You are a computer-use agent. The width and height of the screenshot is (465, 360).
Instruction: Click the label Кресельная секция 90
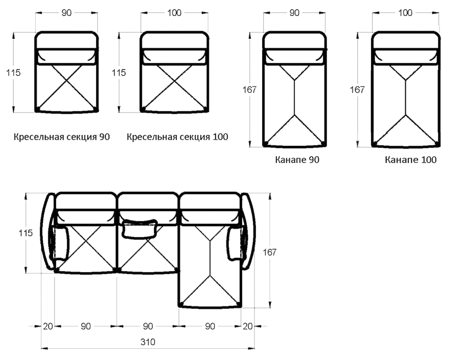click(62, 137)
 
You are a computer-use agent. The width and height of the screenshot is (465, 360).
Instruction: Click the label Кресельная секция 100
click(177, 137)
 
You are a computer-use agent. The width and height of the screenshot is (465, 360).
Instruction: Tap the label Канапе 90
click(297, 160)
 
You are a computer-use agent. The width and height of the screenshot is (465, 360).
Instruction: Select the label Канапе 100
click(411, 160)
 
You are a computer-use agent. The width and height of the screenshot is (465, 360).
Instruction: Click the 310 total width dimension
click(148, 342)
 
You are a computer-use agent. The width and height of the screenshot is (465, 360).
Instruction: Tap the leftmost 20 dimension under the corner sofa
click(48, 326)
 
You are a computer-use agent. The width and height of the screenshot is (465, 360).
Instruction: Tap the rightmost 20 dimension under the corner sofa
click(247, 326)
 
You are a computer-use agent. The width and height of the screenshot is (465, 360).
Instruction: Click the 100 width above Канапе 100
click(405, 13)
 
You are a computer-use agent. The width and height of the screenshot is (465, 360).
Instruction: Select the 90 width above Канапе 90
click(294, 13)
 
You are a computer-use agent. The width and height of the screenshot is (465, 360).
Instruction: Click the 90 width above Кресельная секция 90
click(66, 13)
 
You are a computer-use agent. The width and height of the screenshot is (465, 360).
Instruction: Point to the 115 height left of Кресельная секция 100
click(119, 73)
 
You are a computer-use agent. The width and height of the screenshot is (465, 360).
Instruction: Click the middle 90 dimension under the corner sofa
click(148, 326)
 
